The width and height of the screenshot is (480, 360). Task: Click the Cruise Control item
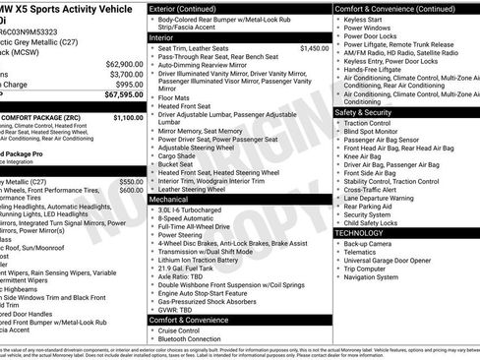tap(185, 330)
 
